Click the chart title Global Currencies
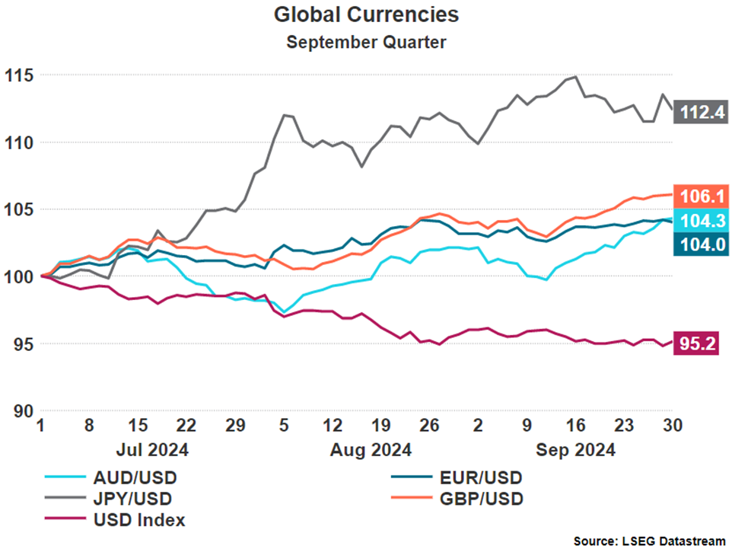tap(366, 14)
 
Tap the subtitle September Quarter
tap(366, 42)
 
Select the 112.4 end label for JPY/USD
tap(701, 113)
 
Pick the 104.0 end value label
tap(701, 244)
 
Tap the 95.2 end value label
tap(701, 345)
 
